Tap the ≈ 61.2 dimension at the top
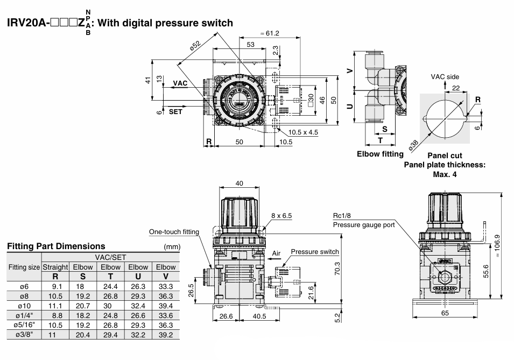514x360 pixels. [270, 33]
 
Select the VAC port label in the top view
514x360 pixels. [180, 83]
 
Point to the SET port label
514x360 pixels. [175, 112]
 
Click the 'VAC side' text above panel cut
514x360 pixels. [445, 77]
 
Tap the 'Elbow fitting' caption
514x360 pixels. [380, 154]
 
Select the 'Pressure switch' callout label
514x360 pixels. [315, 251]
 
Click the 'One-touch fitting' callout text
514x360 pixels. [174, 232]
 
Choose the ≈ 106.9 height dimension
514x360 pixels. [497, 245]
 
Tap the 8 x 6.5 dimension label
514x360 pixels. [281, 215]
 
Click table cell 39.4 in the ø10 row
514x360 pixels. [166, 306]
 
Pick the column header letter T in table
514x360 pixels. [110, 276]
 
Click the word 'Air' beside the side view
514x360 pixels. [276, 253]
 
